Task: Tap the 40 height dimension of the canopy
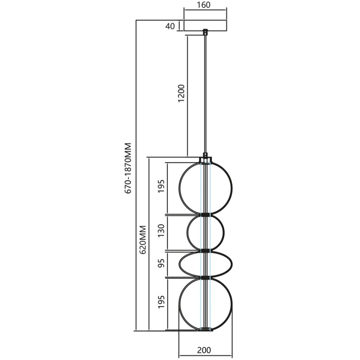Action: (169, 26)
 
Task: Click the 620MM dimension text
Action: (142, 240)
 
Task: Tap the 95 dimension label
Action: (161, 263)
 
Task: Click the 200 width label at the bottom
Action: (204, 350)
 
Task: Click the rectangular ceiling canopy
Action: (205, 25)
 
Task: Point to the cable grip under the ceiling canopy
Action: (205, 32)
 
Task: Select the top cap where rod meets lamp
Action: (205, 159)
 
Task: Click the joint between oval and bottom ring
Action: (205, 277)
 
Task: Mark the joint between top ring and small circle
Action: (205, 215)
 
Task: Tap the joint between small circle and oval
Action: (205, 251)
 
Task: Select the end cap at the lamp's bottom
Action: (205, 330)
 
